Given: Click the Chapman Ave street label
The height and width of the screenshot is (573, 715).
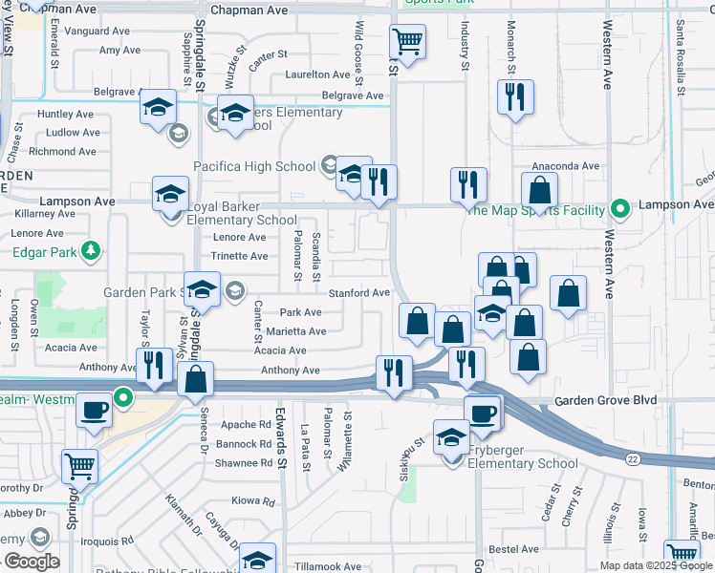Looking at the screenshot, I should (x=249, y=10).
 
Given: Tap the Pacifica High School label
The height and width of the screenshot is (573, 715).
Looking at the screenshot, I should (x=254, y=166).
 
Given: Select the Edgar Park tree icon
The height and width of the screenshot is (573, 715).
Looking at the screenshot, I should (x=91, y=251).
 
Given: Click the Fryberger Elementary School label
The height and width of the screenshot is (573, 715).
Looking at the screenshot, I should (x=523, y=464).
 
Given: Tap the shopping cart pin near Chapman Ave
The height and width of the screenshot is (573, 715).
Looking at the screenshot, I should (x=408, y=42).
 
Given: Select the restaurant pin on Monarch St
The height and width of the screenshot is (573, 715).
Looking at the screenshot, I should (x=515, y=97).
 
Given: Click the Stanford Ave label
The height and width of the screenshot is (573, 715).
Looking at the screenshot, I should (x=360, y=293).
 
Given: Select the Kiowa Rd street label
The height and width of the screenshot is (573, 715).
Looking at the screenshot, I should (x=253, y=501).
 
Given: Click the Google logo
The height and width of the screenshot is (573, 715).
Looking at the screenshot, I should (x=32, y=562).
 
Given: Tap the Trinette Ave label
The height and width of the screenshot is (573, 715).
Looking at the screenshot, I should (x=240, y=256).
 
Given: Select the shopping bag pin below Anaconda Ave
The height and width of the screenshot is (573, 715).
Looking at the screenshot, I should (x=540, y=191).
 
